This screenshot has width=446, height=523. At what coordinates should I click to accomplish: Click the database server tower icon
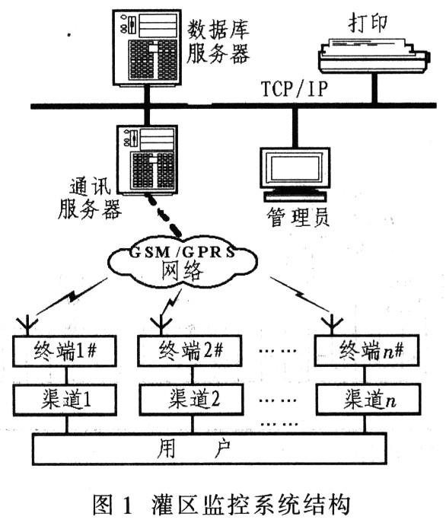pos(147,49)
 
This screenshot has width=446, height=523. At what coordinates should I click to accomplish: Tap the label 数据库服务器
pos(218,42)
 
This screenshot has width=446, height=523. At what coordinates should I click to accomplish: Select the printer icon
pos(374,55)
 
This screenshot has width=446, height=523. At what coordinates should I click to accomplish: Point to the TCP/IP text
pos(294,88)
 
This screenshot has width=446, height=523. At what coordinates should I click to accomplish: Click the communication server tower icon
pos(147,159)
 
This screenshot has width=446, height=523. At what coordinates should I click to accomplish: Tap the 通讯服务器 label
pos(89,199)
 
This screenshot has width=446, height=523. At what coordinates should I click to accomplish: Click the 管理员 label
pos(298,218)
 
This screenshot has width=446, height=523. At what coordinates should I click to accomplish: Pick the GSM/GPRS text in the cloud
pos(182,253)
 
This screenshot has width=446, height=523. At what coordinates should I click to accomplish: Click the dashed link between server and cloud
pos(164,214)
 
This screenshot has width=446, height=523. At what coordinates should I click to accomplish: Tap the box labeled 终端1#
pos(65,351)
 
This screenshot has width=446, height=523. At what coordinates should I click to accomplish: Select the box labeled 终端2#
pos(190,351)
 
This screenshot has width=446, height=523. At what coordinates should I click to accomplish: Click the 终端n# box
pos(367,350)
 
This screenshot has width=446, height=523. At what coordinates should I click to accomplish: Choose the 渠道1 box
pos(65,400)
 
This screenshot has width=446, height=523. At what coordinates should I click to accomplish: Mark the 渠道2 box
pos(191,399)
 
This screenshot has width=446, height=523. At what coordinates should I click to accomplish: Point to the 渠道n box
pos(368,399)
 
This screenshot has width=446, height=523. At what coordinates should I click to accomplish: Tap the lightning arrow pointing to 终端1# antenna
pos(72,296)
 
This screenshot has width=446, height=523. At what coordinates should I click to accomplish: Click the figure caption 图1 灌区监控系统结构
pos(221,504)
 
